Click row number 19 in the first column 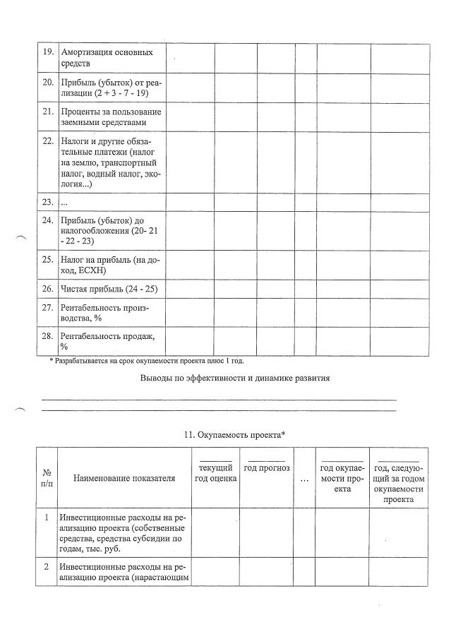(49, 53)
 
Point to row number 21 (49, 112)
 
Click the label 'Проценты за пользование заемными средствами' (111, 117)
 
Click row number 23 (49, 202)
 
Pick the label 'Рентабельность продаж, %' (108, 341)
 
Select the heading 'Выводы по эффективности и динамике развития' (236, 378)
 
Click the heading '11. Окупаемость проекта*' (234, 434)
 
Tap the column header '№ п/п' (46, 477)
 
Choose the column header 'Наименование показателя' (124, 479)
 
